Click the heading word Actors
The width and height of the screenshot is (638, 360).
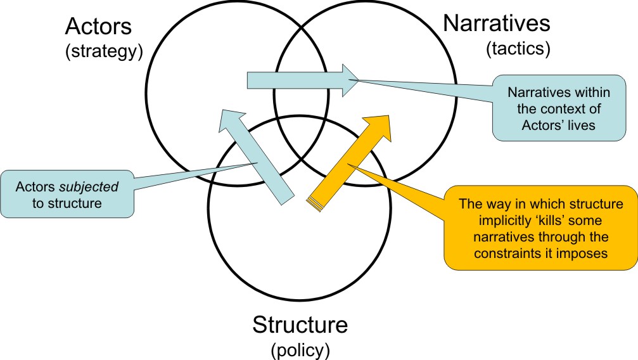[99, 28]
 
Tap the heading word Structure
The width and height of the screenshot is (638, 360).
[300, 326]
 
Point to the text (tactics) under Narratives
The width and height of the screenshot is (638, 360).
[518, 48]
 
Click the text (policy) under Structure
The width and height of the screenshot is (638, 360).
[300, 349]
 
